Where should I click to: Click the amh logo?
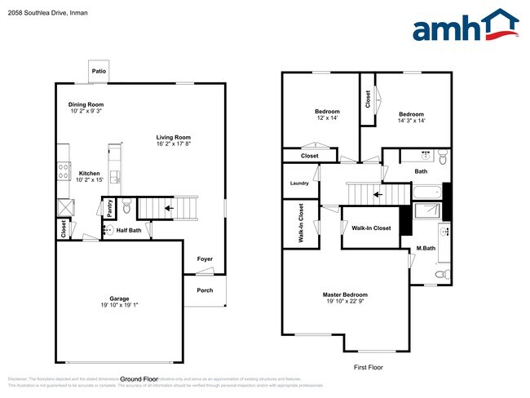(x=466, y=26)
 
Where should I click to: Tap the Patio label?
(x=99, y=72)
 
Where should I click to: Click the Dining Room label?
(x=86, y=104)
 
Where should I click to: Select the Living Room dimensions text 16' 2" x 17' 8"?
(x=174, y=144)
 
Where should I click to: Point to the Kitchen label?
(x=89, y=173)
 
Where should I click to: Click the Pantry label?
(x=110, y=208)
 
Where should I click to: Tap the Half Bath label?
(x=129, y=231)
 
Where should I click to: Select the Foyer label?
(x=205, y=259)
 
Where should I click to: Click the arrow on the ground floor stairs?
(x=168, y=209)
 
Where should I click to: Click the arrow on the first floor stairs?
(x=377, y=194)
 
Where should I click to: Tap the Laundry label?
(x=299, y=184)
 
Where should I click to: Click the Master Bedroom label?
(x=345, y=294)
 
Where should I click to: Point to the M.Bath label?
(x=424, y=248)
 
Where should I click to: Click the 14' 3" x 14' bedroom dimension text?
(x=412, y=121)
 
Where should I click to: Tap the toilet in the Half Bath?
(x=126, y=209)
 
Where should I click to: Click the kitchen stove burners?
(x=63, y=172)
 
